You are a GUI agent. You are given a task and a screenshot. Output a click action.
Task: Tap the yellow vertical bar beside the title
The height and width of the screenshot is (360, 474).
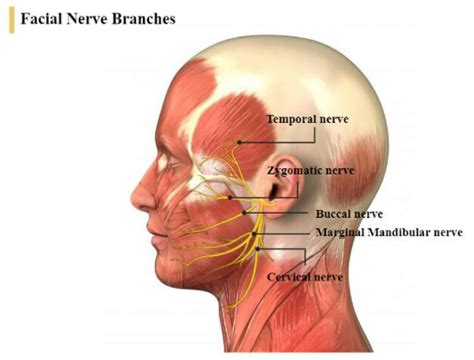11,19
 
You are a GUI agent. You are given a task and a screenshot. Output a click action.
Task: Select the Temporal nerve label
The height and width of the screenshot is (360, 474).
307,119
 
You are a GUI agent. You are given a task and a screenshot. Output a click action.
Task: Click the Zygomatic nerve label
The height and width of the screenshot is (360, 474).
311,171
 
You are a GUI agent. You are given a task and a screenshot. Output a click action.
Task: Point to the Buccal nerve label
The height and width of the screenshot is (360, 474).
349,214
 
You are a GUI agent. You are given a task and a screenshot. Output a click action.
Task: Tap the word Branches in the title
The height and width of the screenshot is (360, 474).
140,19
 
